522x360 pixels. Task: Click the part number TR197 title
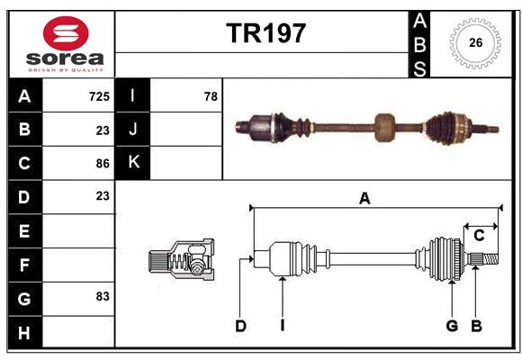click(265, 33)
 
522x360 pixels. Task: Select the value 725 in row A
click(99, 95)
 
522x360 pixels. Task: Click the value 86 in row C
click(102, 163)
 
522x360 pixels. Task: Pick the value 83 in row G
click(102, 296)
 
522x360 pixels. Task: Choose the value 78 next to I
click(211, 95)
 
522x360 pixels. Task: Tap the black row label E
click(24, 230)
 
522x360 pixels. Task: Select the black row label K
click(133, 163)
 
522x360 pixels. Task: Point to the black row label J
click(133, 129)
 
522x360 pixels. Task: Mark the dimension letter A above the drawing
click(364, 199)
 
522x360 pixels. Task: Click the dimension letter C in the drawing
click(479, 235)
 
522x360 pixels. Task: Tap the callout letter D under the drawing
click(240, 326)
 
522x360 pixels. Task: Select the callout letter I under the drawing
click(282, 326)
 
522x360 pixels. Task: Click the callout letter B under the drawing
click(476, 326)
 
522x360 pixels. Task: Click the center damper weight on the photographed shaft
click(385, 127)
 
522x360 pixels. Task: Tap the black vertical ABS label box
click(418, 43)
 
